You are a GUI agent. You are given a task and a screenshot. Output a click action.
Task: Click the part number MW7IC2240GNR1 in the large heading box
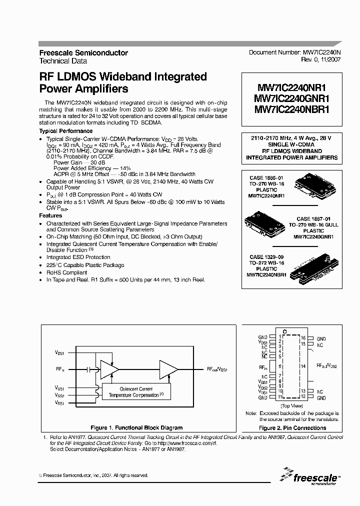pos(291,98)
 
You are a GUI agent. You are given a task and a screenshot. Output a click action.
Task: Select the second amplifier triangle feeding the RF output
pos(168,369)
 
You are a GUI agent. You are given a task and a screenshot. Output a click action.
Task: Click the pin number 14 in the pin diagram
pos(303,366)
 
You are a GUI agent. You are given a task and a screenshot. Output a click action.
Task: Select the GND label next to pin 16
pos(321,338)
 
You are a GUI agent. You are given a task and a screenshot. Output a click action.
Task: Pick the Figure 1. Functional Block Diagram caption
pos(136,427)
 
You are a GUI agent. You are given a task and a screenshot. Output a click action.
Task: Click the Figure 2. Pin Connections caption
pos(292,427)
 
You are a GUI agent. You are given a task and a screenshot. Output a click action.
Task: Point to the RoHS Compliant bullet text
pos(66,272)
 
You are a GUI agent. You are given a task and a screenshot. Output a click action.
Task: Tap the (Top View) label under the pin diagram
pos(292,405)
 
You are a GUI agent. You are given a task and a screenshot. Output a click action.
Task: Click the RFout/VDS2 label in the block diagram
pos(217,369)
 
